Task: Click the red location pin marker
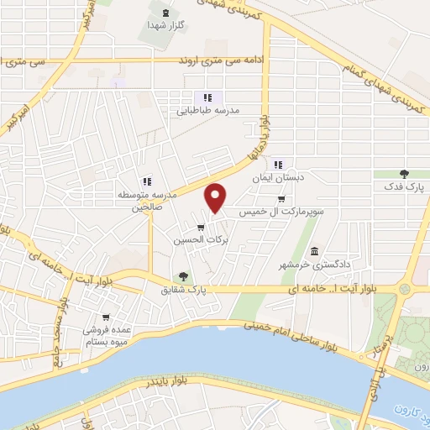tap(217, 198)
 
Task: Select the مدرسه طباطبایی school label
tap(206, 110)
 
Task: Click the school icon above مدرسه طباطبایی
tap(207, 97)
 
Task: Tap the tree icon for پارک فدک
tap(404, 173)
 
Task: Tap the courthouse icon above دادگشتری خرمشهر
tap(314, 252)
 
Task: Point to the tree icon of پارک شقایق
tap(182, 276)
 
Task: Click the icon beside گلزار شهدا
tap(164, 12)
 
